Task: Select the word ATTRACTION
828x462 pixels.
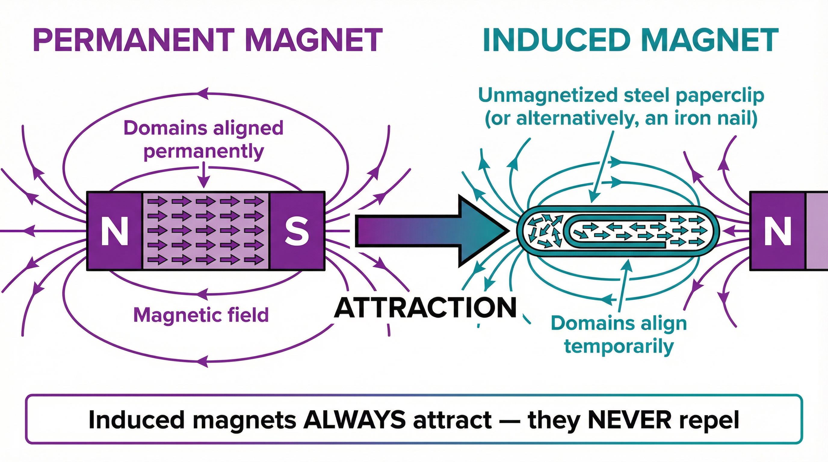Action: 425,308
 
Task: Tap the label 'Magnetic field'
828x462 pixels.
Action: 201,315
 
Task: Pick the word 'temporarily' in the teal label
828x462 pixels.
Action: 619,346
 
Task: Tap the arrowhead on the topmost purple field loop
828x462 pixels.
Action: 202,94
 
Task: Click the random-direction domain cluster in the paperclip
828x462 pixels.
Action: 545,230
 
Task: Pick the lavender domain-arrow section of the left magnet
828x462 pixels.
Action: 205,231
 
